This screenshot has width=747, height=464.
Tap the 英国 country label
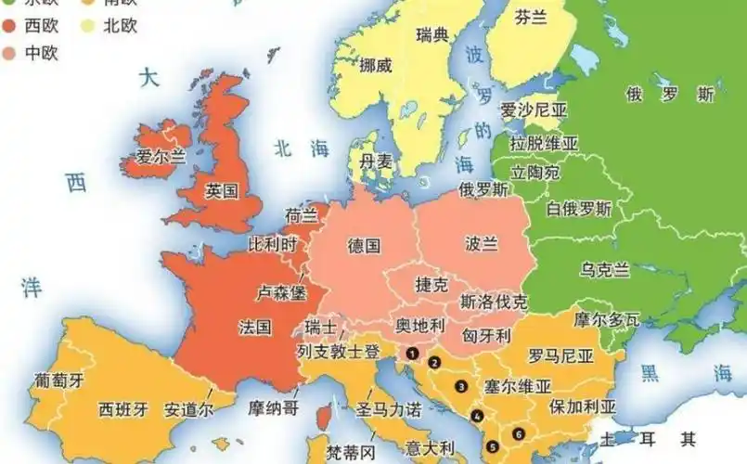click(x=222, y=191)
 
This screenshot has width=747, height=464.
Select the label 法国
click(x=254, y=327)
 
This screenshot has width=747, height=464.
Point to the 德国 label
click(x=364, y=245)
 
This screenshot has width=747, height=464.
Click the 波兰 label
click(x=482, y=243)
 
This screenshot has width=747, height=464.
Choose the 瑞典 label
click(x=432, y=35)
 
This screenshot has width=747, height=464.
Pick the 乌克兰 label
click(x=605, y=269)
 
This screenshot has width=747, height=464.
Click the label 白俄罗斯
click(x=579, y=209)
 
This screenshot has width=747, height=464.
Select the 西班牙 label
click(x=123, y=408)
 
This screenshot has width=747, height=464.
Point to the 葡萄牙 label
click(x=59, y=380)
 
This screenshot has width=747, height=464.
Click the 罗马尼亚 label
click(x=560, y=355)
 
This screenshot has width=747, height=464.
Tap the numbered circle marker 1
click(x=410, y=352)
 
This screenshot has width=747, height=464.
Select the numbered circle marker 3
click(x=459, y=386)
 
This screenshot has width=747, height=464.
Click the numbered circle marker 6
click(x=518, y=432)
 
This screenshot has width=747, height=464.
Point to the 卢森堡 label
click(x=280, y=291)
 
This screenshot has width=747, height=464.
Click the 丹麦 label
click(x=376, y=161)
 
